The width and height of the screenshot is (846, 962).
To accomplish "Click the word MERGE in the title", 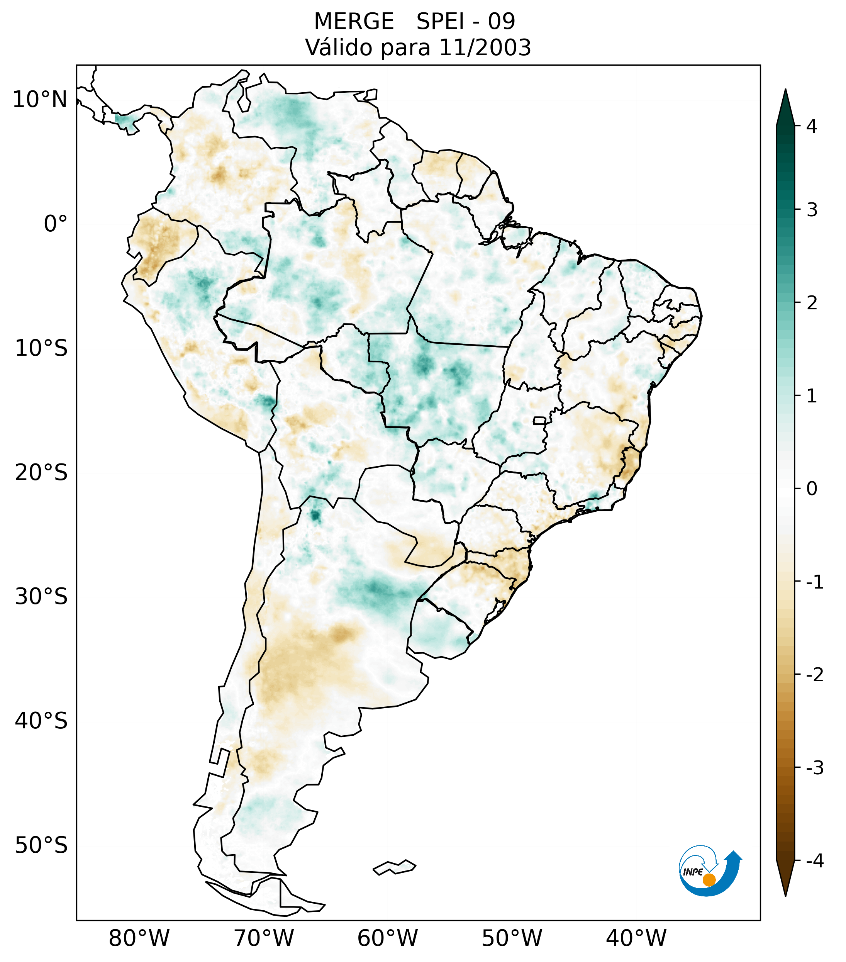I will (353, 22).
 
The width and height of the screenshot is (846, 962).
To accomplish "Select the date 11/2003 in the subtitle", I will (485, 48).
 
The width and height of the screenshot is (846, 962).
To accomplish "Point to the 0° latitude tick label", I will (56, 224).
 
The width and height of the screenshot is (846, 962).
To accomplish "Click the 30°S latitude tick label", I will (41, 597).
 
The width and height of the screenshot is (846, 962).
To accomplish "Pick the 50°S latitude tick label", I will (41, 845).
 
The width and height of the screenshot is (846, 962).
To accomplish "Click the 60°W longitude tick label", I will (387, 938).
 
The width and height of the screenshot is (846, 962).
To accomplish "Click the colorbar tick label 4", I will (812, 126).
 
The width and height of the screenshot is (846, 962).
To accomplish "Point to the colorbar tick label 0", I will (812, 489).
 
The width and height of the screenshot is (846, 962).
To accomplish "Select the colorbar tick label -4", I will (814, 861).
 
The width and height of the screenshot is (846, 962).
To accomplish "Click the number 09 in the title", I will (501, 22).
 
